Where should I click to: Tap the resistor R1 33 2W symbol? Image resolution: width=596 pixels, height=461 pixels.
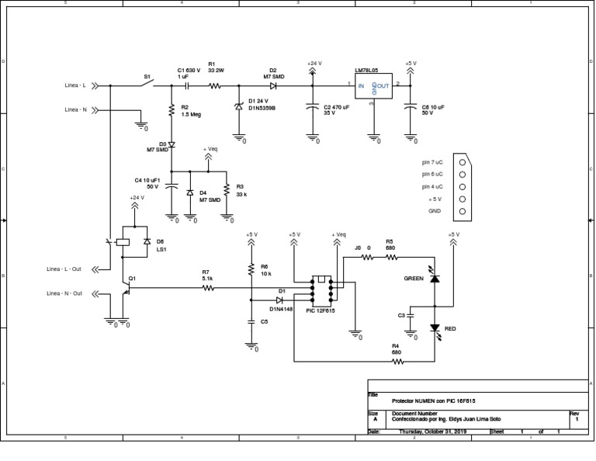point(215,85)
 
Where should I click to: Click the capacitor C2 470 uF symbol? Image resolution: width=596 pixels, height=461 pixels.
point(313,107)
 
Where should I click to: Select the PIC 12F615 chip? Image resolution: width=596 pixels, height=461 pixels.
point(321,288)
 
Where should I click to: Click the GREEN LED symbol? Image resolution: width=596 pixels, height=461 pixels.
point(435,278)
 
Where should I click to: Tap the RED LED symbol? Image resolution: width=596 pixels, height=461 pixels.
point(435,329)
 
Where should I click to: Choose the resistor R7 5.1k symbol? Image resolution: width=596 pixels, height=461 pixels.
point(207,288)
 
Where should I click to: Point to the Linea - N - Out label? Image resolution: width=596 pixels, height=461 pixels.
point(64,293)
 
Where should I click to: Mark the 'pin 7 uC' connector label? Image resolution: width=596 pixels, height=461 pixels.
point(432,162)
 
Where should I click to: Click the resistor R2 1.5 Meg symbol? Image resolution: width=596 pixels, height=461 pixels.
point(172,111)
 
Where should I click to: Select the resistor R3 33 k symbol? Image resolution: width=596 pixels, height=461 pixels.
point(226,190)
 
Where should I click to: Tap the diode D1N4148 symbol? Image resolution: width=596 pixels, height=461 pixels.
point(280,300)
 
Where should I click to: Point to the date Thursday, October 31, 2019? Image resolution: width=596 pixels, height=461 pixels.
point(432,432)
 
